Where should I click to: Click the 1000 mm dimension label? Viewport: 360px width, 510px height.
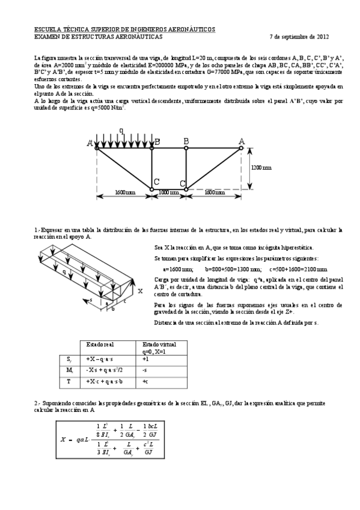(x=169, y=192)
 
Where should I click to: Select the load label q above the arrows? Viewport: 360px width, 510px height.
(x=121, y=130)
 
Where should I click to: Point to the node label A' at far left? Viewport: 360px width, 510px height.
(x=90, y=143)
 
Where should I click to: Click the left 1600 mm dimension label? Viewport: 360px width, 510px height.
(x=125, y=192)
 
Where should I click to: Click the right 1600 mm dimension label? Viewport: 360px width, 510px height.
(x=214, y=192)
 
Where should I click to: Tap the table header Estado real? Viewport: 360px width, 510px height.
(x=100, y=345)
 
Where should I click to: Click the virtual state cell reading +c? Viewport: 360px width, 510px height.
(x=145, y=381)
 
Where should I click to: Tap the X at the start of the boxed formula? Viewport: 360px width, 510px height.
(x=63, y=440)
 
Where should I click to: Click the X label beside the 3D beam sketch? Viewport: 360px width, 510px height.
(x=139, y=290)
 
